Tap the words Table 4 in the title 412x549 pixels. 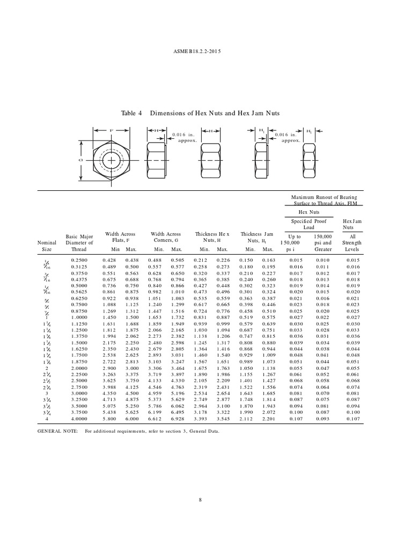pyautogui.click(x=134, y=113)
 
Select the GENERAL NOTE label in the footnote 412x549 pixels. pyautogui.click(x=57, y=431)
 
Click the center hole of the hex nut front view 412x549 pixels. pyautogui.click(x=112, y=160)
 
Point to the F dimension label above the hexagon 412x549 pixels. pyautogui.click(x=112, y=130)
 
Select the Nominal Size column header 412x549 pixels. pyautogui.click(x=47, y=246)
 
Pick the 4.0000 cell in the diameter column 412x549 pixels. pyautogui.click(x=79, y=419)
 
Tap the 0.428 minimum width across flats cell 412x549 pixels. pyautogui.click(x=109, y=260)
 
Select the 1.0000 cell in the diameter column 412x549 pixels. pyautogui.click(x=79, y=317)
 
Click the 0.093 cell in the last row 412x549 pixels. pyautogui.click(x=323, y=419)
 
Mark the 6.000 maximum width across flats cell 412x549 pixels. pyautogui.click(x=130, y=419)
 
